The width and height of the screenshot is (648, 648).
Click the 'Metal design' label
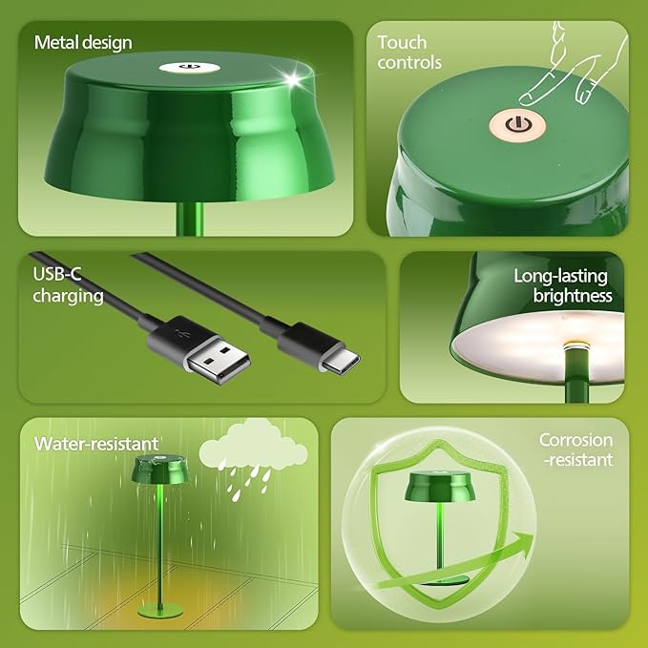tap(83, 42)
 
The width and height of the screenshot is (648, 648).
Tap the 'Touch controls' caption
tap(409, 52)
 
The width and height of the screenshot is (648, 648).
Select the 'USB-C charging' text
tap(68, 285)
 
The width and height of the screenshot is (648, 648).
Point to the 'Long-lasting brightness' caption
tap(560, 285)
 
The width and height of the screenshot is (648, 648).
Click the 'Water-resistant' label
tap(96, 444)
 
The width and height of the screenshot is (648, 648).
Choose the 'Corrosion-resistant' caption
tap(575, 450)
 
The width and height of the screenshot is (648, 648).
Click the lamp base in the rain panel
tap(158, 607)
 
